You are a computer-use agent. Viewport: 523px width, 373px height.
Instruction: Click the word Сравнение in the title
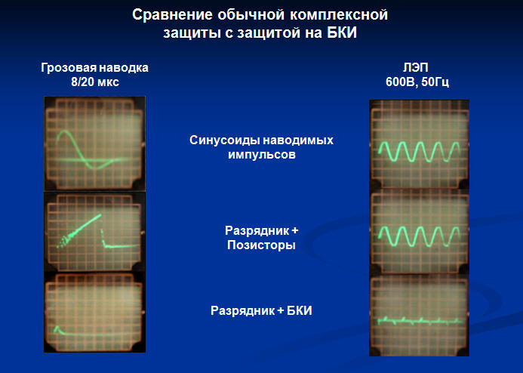tap(172, 14)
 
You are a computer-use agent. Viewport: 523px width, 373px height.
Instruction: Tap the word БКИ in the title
tap(342, 32)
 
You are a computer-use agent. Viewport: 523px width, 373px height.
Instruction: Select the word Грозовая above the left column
tap(69, 68)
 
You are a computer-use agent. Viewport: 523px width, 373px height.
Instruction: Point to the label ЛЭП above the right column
tap(416, 68)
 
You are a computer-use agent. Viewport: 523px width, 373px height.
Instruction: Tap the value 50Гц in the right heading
tap(435, 82)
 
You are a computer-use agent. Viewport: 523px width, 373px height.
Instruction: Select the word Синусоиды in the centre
tap(223, 140)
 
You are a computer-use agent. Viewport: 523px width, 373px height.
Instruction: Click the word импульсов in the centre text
tap(262, 155)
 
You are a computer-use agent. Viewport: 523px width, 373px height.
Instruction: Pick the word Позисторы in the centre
tap(261, 245)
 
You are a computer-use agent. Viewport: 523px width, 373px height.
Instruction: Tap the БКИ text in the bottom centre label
tap(300, 310)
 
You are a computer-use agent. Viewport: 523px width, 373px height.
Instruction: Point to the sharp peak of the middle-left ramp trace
tap(100, 215)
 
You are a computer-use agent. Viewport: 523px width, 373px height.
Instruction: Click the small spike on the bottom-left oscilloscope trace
tap(56, 327)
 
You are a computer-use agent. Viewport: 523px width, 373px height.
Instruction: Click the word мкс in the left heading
tap(109, 82)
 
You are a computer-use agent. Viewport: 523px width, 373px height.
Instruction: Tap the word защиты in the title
tap(190, 33)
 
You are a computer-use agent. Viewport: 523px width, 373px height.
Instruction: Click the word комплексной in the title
tap(338, 14)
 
